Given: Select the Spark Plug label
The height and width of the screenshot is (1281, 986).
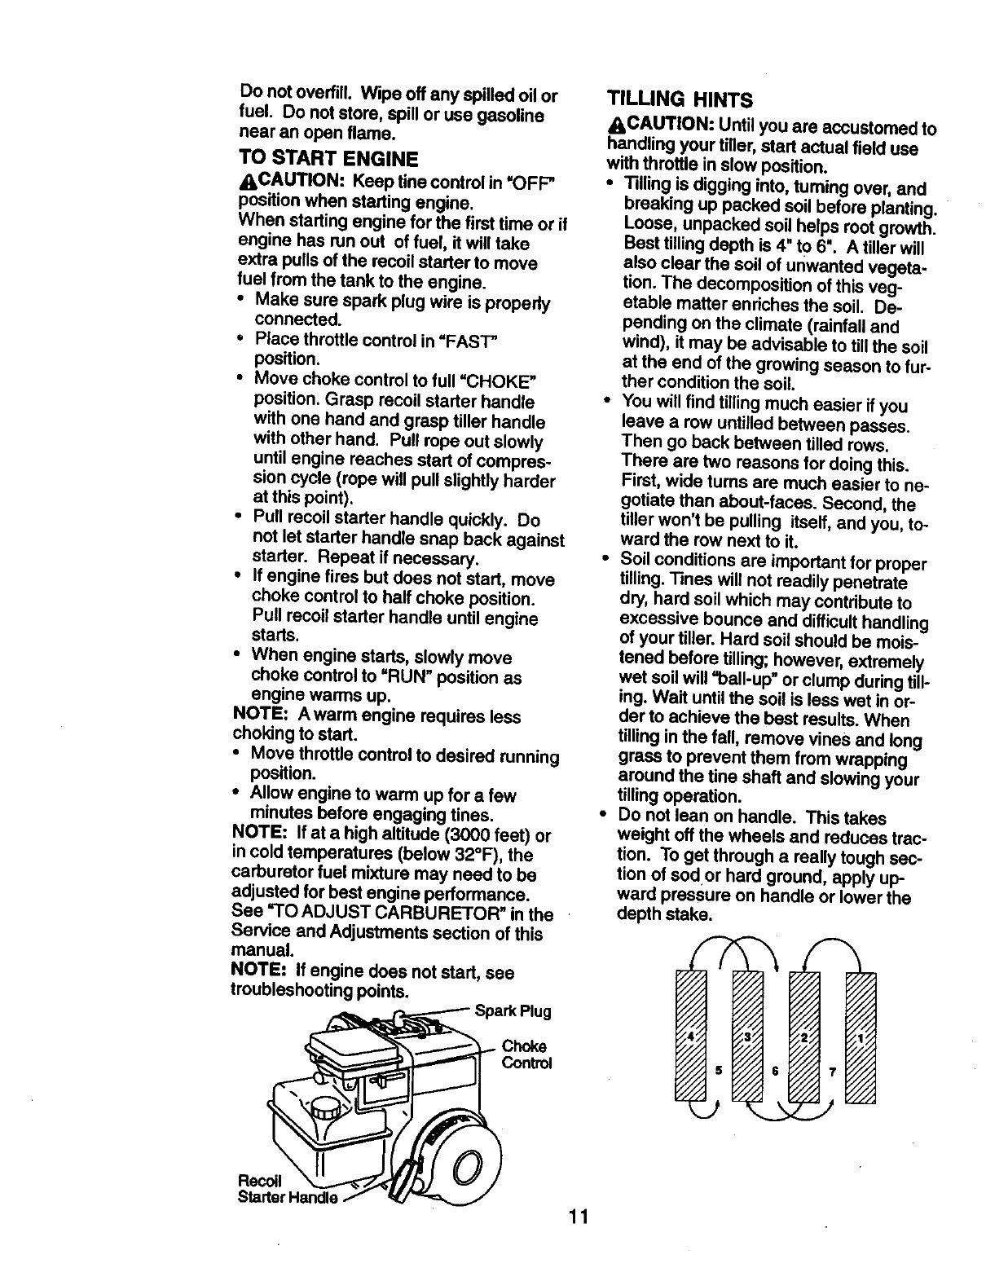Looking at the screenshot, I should [x=513, y=1012].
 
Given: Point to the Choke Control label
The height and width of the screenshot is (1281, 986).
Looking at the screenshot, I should [x=526, y=1054].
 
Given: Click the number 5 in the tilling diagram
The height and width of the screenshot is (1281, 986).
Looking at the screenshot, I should [x=720, y=1071].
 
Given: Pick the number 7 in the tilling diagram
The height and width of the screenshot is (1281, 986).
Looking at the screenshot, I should [x=832, y=1071].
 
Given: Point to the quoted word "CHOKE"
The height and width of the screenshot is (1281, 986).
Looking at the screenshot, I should [x=503, y=381].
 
